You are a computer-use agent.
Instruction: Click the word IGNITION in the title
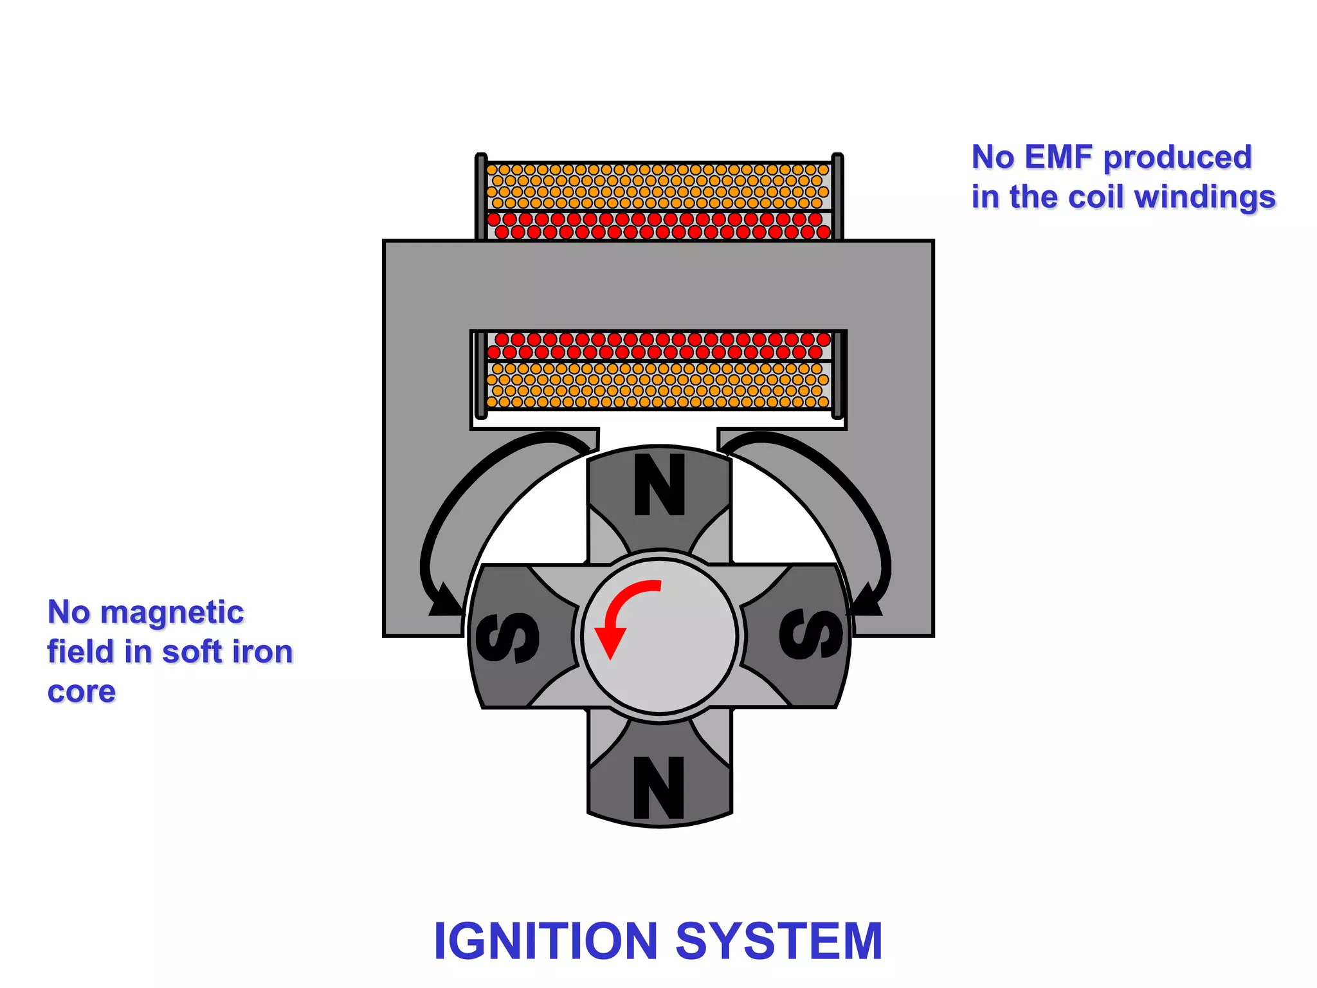(545, 941)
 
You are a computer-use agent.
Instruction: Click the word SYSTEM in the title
(779, 941)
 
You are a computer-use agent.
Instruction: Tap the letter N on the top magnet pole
(659, 485)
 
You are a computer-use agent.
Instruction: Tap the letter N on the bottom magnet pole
(658, 787)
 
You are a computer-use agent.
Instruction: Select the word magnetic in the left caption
(172, 612)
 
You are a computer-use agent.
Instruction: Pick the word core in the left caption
(82, 692)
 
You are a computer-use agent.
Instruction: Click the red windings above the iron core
(658, 226)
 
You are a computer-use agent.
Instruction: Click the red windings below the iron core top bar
(658, 345)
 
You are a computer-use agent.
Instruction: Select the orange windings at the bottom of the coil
(658, 385)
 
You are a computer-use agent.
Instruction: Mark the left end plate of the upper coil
(481, 196)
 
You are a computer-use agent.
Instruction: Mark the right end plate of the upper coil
(837, 196)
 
